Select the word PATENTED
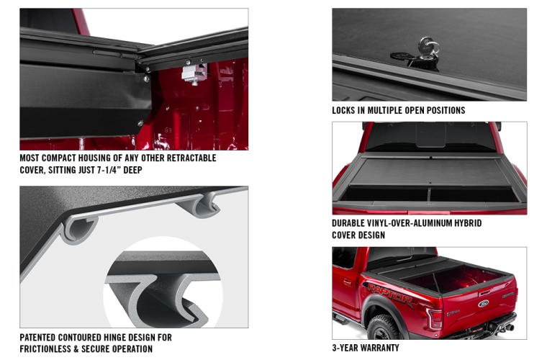42,337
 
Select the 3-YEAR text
345,348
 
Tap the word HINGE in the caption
127,337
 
